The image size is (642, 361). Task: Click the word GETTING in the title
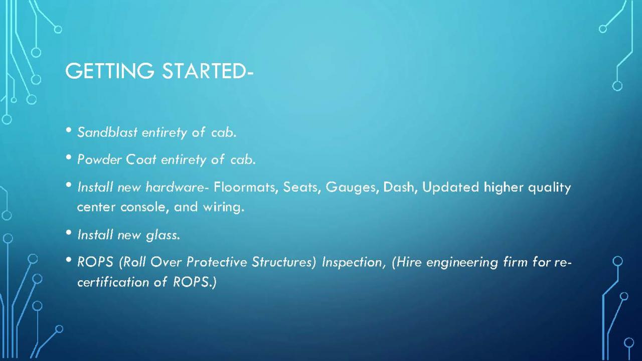(x=110, y=71)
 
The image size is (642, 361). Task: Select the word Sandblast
(x=107, y=132)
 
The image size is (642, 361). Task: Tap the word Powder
(x=100, y=159)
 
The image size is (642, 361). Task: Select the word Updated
(x=450, y=188)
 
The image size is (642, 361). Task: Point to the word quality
(x=549, y=188)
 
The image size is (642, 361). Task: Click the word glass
(x=163, y=236)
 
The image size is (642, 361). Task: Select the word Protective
(x=217, y=262)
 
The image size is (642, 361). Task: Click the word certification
(x=113, y=282)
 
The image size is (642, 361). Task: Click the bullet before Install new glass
(x=69, y=232)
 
